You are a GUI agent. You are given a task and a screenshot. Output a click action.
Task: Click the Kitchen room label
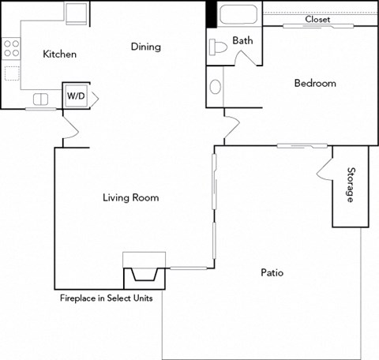click(x=59, y=54)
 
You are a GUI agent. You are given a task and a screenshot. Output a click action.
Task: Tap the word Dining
click(x=145, y=47)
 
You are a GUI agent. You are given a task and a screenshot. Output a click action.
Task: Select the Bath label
click(x=242, y=40)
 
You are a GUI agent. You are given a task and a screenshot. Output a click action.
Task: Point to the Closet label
click(x=318, y=19)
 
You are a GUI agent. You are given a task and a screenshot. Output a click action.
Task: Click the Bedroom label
click(x=315, y=83)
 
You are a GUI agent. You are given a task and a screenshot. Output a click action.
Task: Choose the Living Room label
click(x=130, y=197)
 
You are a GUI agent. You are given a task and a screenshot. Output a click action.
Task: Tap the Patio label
click(x=272, y=273)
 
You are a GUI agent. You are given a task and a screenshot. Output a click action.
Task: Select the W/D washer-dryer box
click(x=77, y=96)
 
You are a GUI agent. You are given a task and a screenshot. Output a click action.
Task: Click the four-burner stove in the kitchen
click(x=11, y=48)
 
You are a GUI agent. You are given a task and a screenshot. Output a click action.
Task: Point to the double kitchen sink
click(x=40, y=99)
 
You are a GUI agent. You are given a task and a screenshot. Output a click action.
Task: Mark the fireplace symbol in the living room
click(x=144, y=276)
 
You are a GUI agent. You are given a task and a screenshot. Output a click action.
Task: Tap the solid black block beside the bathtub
click(x=211, y=14)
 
